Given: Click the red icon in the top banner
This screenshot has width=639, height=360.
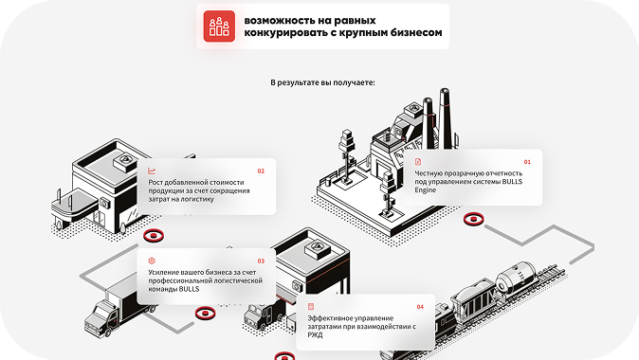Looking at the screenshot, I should pyautogui.click(x=219, y=26).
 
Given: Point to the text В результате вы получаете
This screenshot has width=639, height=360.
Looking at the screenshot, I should pyautogui.click(x=322, y=82).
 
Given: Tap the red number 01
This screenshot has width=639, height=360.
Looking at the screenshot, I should pyautogui.click(x=527, y=162).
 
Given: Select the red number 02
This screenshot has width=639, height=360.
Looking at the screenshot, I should pyautogui.click(x=261, y=171).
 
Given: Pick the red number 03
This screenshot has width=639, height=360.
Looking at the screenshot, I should pyautogui.click(x=261, y=261).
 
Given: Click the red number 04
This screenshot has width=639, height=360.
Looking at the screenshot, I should pyautogui.click(x=420, y=307).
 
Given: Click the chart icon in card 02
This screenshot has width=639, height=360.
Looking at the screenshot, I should pyautogui.click(x=152, y=171).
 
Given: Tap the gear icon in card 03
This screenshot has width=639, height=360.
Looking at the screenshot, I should pyautogui.click(x=152, y=261).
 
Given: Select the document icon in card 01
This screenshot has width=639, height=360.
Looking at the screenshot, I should pyautogui.click(x=418, y=162).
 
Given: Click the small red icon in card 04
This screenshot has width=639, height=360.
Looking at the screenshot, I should pyautogui.click(x=311, y=307).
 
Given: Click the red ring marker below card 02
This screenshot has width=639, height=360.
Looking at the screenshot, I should pyautogui.click(x=152, y=236).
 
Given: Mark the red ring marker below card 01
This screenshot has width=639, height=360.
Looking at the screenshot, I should pyautogui.click(x=473, y=220).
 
